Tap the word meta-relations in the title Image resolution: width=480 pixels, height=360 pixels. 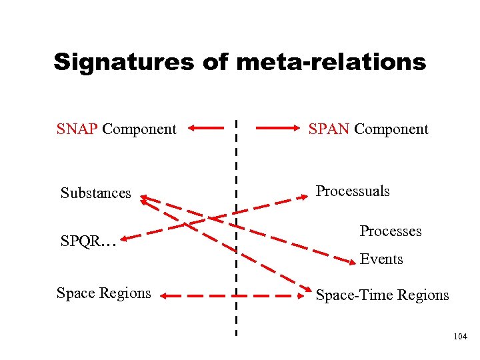pos(331,63)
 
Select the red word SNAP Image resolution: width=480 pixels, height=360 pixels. pos(77,129)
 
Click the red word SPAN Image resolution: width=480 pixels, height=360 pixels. pos(329,129)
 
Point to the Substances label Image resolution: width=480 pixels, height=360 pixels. pos(96,193)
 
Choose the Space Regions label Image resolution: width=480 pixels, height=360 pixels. pos(104,293)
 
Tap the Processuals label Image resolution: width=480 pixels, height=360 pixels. pos(353,191)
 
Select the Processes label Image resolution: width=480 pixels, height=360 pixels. pos(391,231)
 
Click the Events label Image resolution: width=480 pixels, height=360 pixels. pos(381,259)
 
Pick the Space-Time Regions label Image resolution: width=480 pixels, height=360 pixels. pos(382,295)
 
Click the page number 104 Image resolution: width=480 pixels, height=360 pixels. pos(460,338)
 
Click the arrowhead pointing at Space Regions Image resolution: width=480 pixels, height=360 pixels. pos(167,295)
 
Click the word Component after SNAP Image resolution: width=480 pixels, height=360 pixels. pos(139,129)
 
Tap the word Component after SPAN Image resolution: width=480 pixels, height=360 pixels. pos(391,129)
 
